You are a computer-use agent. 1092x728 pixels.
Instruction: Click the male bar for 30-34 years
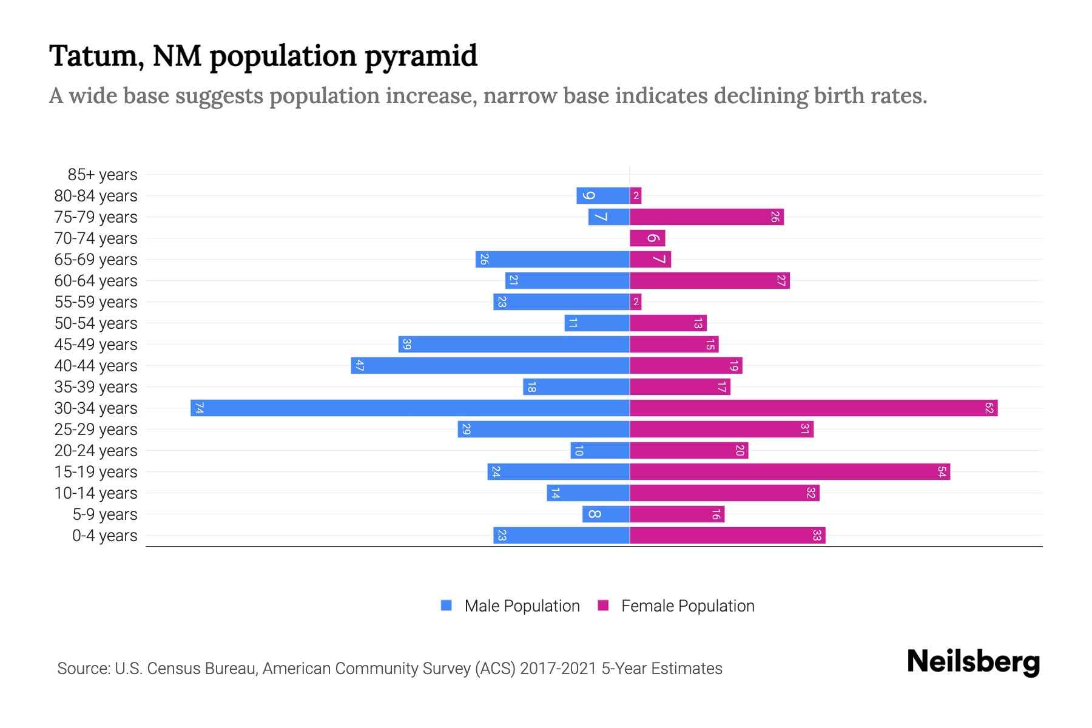[410, 408]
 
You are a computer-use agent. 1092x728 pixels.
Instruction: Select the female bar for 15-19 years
[790, 471]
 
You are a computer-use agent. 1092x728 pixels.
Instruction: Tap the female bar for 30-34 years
[814, 408]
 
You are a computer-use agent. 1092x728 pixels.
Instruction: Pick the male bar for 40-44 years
[490, 365]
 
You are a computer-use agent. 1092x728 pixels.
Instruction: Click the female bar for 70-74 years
[647, 238]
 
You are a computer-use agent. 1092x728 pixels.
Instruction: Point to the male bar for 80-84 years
[603, 195]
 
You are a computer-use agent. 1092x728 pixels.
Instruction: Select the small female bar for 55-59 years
[636, 302]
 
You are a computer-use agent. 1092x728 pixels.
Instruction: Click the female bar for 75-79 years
[707, 217]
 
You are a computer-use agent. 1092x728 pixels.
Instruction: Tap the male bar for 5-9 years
[606, 514]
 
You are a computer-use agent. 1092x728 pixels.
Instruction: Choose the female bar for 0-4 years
[727, 535]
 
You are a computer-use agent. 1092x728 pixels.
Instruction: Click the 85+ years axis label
[103, 175]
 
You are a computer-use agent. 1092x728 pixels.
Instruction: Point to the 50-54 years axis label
[96, 323]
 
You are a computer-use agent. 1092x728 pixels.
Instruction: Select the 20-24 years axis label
[96, 451]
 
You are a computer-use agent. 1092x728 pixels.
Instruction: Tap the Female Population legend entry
[676, 605]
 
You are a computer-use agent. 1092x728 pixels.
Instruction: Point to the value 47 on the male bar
[360, 365]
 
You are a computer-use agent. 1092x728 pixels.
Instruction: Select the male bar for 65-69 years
[553, 259]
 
